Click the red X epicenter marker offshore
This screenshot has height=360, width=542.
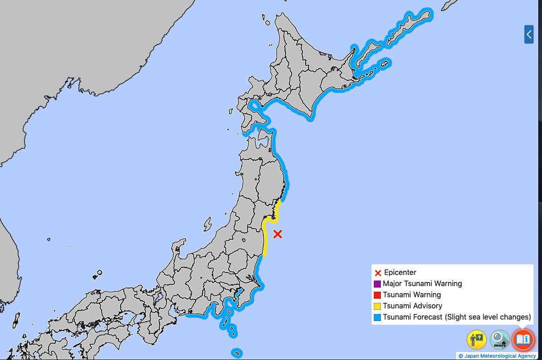(277, 234)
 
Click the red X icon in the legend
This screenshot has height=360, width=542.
(378, 273)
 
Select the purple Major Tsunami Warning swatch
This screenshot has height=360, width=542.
(377, 284)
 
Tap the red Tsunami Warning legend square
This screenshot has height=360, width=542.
(377, 295)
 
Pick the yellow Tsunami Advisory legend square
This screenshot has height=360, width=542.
(377, 306)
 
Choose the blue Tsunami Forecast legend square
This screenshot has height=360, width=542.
(377, 317)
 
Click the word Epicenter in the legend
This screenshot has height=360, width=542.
(400, 273)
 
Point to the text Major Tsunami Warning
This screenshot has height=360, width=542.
(422, 284)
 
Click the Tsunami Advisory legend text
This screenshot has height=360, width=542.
(412, 306)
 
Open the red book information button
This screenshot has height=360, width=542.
(523, 339)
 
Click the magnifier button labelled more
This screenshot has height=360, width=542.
(500, 339)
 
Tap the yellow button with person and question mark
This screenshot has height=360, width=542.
(476, 339)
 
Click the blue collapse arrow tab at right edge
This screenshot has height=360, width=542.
(529, 34)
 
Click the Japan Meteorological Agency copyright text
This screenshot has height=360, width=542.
(497, 356)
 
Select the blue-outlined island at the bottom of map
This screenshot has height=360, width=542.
(237, 353)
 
